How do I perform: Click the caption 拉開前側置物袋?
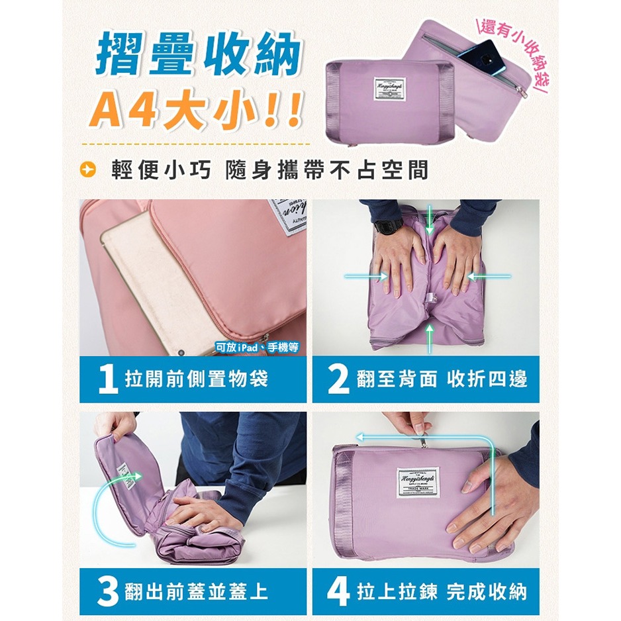196,379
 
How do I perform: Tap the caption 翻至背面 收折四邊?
441,379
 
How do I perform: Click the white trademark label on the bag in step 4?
418,482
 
